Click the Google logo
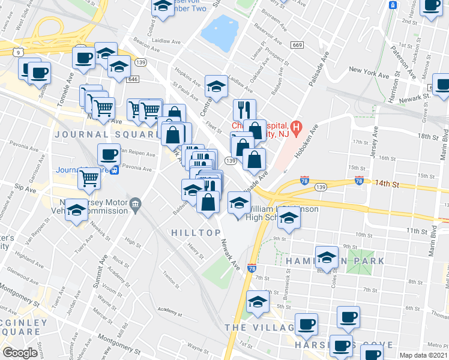tap(20, 353)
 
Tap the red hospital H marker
tap(295, 128)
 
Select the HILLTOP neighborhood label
tap(192, 233)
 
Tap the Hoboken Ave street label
tap(306, 143)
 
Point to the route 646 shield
tap(133, 79)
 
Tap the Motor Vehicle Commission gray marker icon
tap(135, 205)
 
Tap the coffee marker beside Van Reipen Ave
tap(109, 154)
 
